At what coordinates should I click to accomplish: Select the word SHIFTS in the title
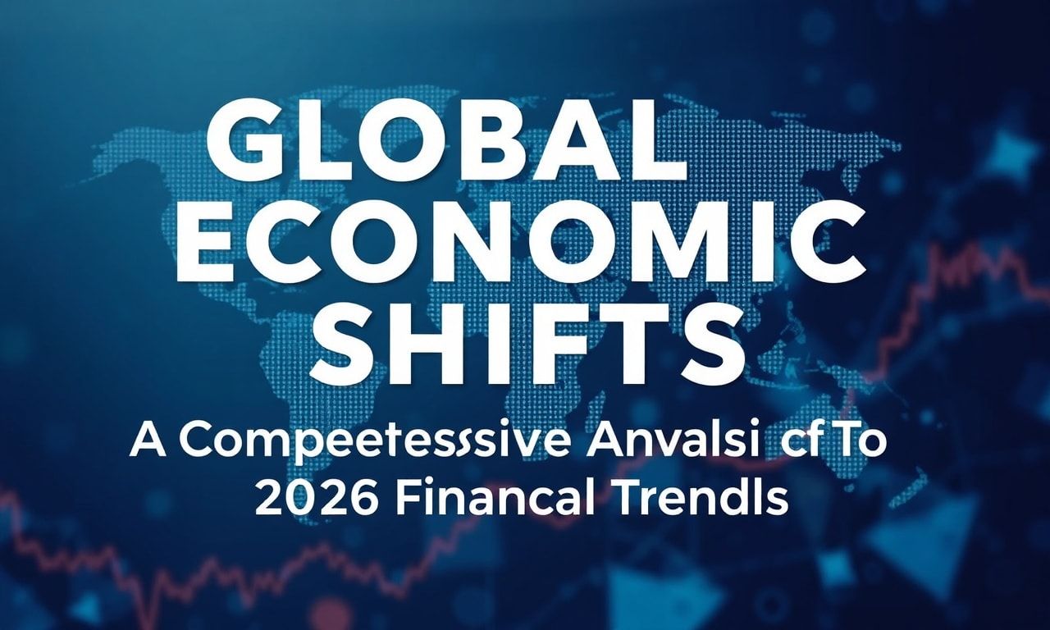pos(526,337)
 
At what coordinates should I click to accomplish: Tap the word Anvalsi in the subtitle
pos(653,442)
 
